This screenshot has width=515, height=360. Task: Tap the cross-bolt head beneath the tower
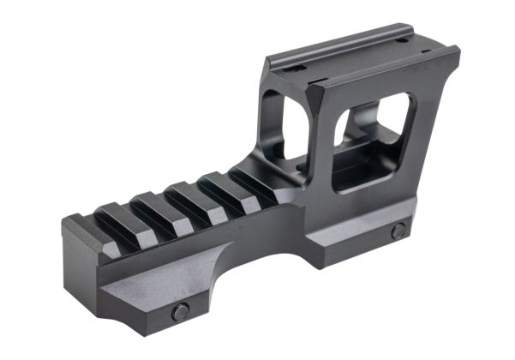click(398, 231)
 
